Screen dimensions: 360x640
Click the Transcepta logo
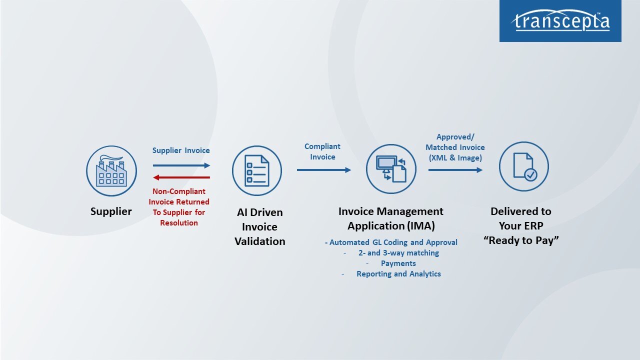(560, 21)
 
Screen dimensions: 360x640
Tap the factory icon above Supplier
(111, 171)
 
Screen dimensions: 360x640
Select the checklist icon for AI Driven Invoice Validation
(257, 171)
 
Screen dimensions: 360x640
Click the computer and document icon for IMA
(391, 168)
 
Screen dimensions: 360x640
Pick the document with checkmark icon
(524, 166)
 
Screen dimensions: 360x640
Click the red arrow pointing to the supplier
(181, 177)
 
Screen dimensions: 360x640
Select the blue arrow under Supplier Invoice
(181, 165)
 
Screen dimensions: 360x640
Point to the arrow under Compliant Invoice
(324, 170)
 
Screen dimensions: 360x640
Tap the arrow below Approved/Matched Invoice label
(455, 170)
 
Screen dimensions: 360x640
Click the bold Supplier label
(111, 211)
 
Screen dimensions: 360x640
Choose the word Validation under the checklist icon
(260, 241)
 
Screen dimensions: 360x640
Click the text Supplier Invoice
(181, 150)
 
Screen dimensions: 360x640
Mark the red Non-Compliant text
(179, 191)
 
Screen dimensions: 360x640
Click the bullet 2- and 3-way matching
(398, 253)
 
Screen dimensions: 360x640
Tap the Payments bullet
(398, 263)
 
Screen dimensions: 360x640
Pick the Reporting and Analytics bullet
(398, 274)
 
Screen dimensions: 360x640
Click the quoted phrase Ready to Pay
(521, 240)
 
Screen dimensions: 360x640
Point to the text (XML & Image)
(455, 158)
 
